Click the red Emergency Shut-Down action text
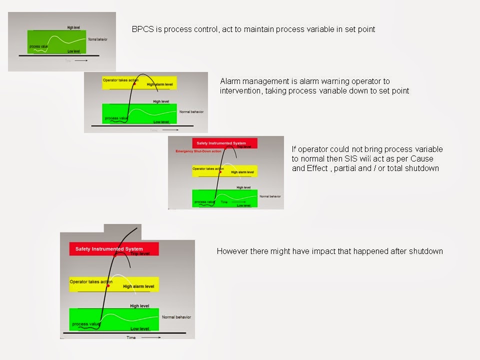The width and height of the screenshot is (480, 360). tap(198, 151)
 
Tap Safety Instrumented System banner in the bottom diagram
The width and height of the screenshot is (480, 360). tap(109, 248)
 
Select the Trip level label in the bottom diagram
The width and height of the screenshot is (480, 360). tap(140, 254)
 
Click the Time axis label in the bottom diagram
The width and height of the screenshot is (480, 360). tap(130, 337)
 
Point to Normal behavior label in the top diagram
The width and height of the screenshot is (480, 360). tap(97, 39)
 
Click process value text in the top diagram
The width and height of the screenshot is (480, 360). tap(38, 46)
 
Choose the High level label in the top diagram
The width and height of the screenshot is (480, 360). tap(73, 27)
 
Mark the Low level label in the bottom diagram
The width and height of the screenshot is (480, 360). tap(139, 328)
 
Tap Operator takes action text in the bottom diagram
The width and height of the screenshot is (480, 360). tap(90, 281)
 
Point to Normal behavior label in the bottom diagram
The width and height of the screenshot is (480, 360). tap(176, 317)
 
